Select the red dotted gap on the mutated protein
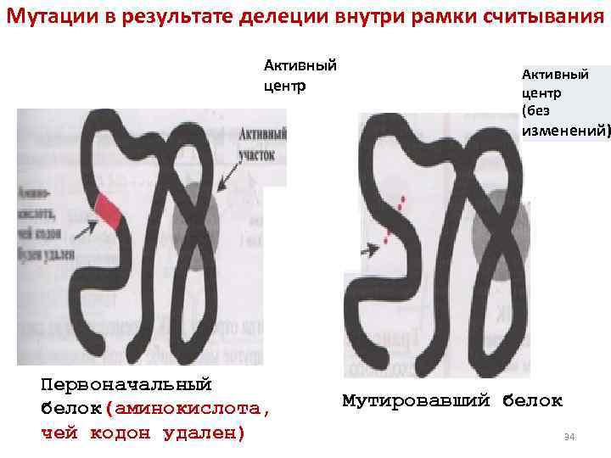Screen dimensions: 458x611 click(x=394, y=217)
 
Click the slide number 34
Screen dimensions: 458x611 click(x=569, y=437)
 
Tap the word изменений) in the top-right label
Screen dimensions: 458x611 click(x=566, y=130)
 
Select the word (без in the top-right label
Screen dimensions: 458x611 click(x=536, y=110)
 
